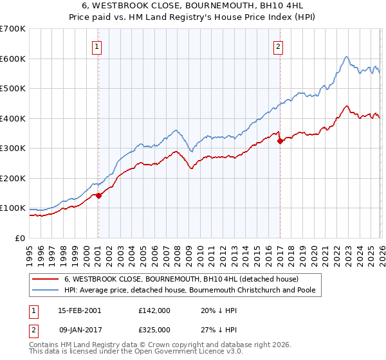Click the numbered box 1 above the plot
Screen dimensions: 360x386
[96, 46]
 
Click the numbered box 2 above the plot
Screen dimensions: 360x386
[278, 46]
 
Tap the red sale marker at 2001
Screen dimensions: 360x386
[98, 196]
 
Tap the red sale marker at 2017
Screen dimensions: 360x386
[280, 141]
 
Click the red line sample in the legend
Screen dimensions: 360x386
[45, 280]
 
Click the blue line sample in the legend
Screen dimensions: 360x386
[45, 291]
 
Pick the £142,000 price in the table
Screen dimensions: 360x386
[154, 310]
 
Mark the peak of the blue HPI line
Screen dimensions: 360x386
[346, 57]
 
